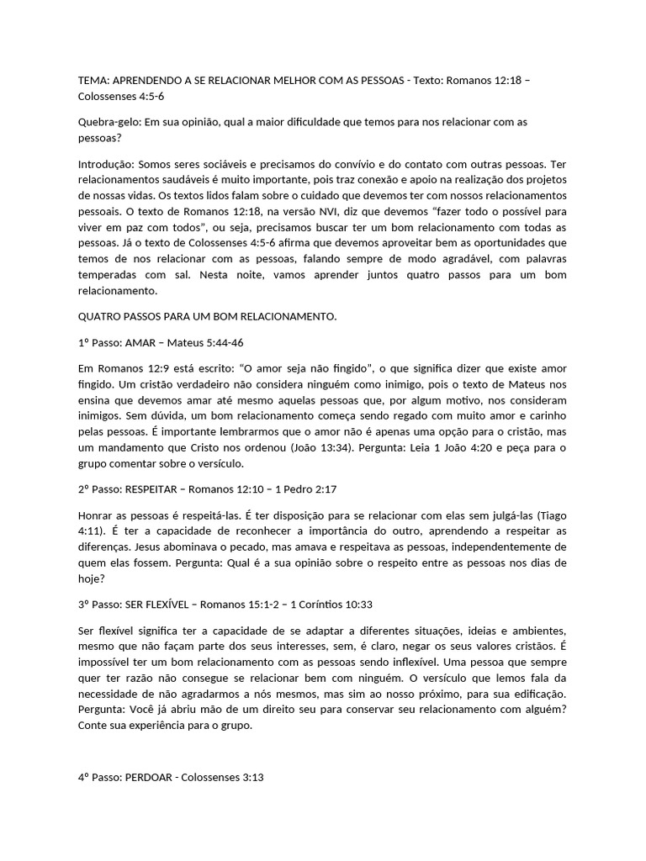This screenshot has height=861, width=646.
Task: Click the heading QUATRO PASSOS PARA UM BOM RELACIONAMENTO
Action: click(207, 317)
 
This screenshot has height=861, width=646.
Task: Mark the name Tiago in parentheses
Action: click(552, 514)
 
